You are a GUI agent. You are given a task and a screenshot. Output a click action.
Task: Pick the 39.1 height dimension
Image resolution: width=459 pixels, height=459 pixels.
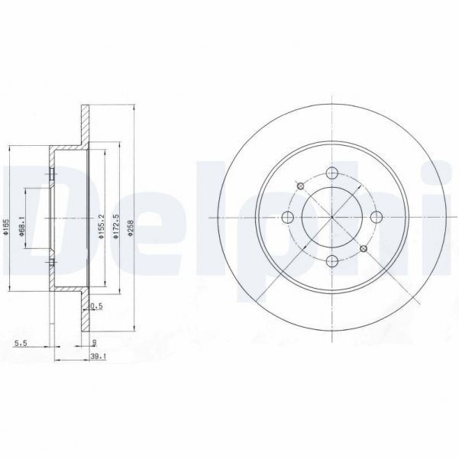[97, 356]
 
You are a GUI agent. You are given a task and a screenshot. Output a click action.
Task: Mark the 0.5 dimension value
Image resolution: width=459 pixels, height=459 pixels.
[96, 306]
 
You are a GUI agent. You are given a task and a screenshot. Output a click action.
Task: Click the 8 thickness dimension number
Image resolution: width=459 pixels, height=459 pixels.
[92, 343]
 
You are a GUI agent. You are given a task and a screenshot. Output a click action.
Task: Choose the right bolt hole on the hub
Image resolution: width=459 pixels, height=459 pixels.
[377, 216]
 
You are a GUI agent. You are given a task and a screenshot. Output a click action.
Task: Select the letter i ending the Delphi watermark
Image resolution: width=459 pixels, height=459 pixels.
[447, 218]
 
